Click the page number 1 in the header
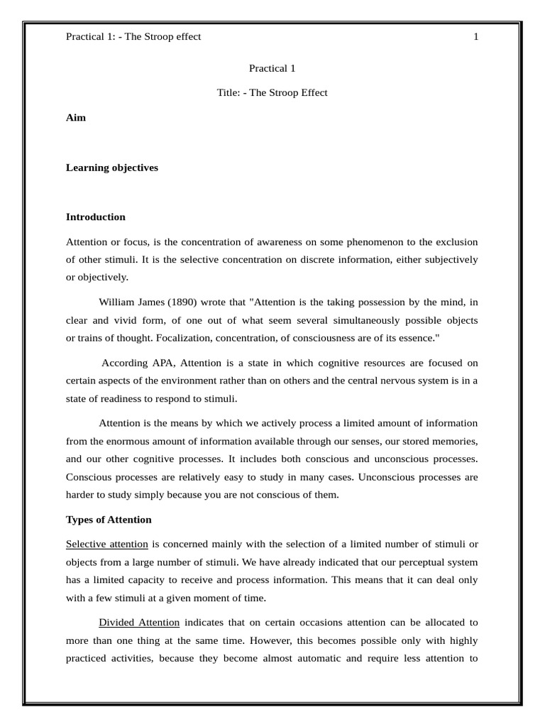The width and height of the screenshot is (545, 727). pos(476,37)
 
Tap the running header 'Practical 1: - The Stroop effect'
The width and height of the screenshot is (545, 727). pos(133,37)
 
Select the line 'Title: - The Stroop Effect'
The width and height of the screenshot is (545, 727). pos(272,93)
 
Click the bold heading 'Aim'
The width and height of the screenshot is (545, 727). pos(76,118)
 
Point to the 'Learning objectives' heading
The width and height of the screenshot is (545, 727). pos(112,168)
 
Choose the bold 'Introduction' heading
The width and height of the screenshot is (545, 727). pos(96,217)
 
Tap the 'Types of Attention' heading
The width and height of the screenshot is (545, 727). pos(109,520)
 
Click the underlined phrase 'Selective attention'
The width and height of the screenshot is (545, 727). pos(107,545)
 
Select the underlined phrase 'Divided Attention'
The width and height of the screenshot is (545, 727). pos(139,623)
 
